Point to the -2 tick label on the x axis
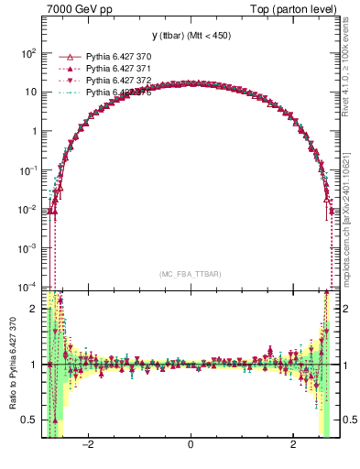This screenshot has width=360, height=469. [88, 446]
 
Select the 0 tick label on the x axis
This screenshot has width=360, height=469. [191, 446]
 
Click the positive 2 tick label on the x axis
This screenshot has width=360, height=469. [292, 446]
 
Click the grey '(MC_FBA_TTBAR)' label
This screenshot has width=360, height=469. [190, 274]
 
